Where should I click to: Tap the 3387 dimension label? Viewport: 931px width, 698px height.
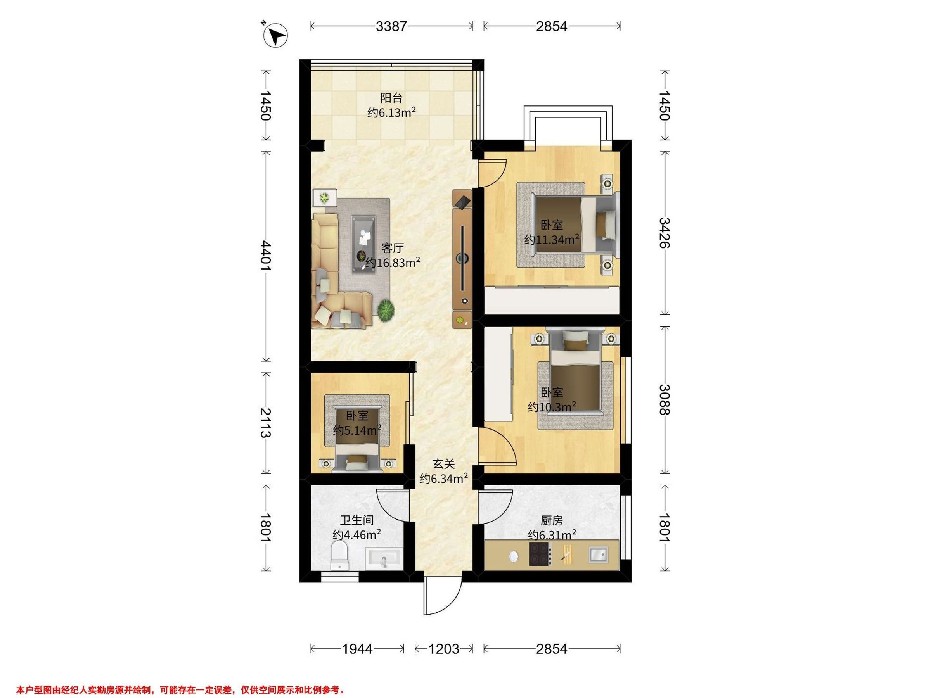[x=391, y=26]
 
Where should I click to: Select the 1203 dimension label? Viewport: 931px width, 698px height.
[x=444, y=649]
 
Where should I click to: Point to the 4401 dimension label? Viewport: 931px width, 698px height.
[x=266, y=256]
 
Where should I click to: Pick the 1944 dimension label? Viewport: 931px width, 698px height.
[x=357, y=649]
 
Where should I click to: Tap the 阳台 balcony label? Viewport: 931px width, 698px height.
[x=391, y=98]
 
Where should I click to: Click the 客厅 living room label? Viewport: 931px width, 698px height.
[x=392, y=248]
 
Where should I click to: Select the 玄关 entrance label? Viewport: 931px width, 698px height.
[x=444, y=464]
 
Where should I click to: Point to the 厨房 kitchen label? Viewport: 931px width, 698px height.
[x=551, y=521]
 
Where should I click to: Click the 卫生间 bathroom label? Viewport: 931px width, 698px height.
[x=357, y=520]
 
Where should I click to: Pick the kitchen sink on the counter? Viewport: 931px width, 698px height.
[x=598, y=554]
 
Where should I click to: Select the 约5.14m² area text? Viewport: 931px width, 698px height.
[x=357, y=430]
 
